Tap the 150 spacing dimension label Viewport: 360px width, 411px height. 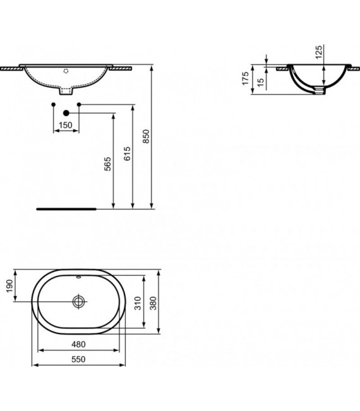tap(65, 126)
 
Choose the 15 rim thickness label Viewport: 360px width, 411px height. tap(261, 83)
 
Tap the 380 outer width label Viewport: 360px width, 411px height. tap(153, 306)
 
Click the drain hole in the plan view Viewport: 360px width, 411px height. tap(78, 301)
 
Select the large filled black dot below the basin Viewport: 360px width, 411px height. tap(66, 112)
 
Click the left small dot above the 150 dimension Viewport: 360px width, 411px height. tap(53, 104)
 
